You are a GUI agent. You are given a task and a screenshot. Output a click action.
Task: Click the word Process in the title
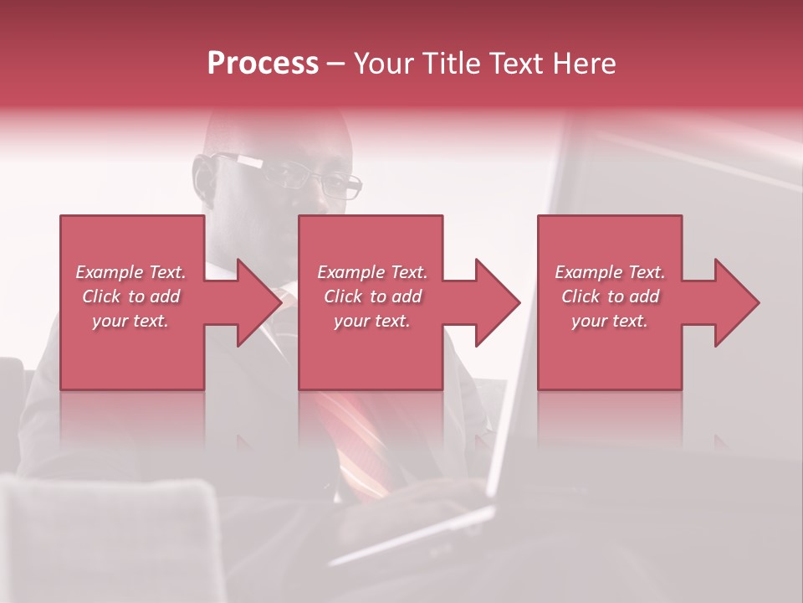click(263, 64)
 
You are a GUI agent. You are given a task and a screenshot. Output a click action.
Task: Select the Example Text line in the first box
click(130, 272)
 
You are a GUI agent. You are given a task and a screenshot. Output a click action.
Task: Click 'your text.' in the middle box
click(371, 321)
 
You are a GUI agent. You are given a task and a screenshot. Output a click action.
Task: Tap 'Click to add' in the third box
click(611, 296)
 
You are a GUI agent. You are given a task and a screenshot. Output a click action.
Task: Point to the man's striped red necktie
click(360, 435)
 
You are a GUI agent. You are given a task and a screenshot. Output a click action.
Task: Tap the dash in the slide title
click(336, 64)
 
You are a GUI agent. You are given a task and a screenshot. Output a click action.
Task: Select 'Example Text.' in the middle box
click(371, 272)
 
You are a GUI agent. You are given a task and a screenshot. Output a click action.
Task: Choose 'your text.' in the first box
click(130, 321)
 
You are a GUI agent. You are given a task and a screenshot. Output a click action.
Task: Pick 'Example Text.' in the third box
click(611, 272)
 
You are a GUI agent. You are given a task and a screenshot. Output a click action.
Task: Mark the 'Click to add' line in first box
click(130, 296)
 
